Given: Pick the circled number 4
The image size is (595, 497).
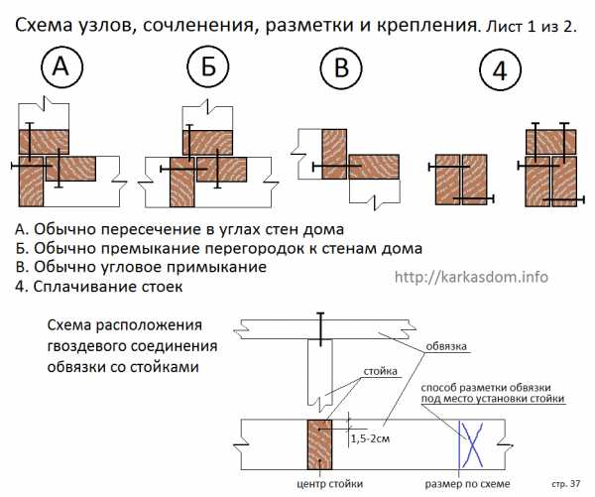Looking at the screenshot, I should pos(497,69).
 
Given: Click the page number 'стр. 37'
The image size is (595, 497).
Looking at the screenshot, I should pos(564,482).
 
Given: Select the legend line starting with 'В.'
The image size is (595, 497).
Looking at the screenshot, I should pos(142,268).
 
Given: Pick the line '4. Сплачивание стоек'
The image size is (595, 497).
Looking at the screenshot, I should pos(107,288).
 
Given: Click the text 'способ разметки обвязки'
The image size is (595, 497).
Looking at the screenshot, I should pos(493,387).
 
